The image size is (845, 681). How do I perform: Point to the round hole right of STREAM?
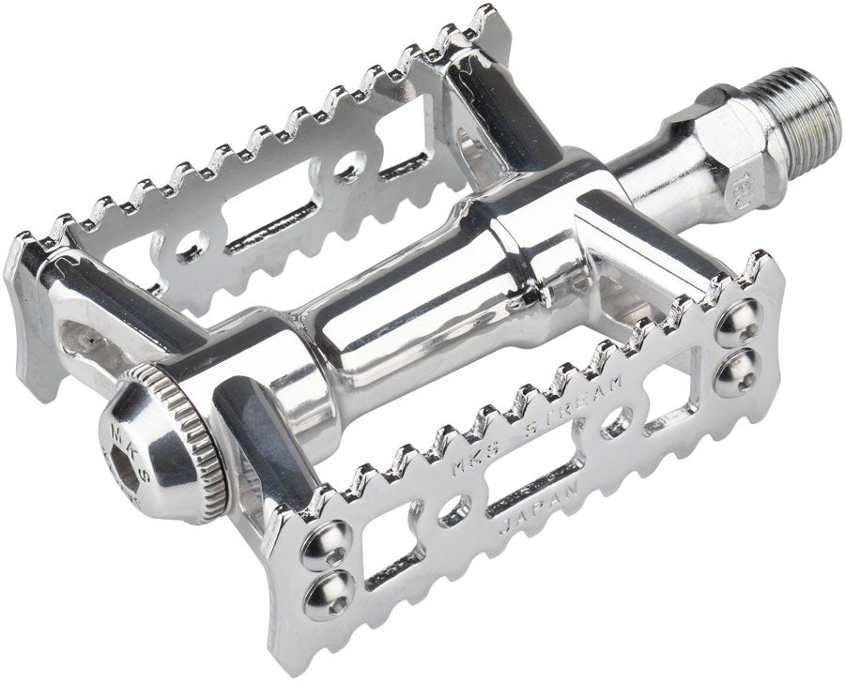(615, 419)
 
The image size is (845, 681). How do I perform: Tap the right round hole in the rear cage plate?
(350, 165)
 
